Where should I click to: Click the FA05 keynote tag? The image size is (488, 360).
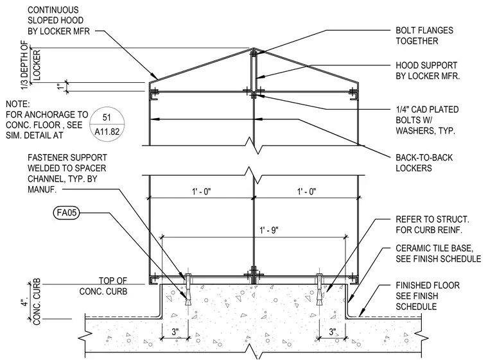pyautogui.click(x=66, y=213)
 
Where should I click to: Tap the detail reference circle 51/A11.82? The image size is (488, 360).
pyautogui.click(x=107, y=124)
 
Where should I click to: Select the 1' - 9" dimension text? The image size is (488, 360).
pyautogui.click(x=269, y=230)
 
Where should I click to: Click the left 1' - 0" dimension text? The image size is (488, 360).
pyautogui.click(x=202, y=191)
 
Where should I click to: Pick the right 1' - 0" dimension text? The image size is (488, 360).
pyautogui.click(x=306, y=191)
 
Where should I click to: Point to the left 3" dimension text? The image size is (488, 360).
pyautogui.click(x=175, y=332)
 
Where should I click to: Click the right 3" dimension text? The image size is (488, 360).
pyautogui.click(x=333, y=332)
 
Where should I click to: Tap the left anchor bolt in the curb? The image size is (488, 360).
pyautogui.click(x=188, y=289)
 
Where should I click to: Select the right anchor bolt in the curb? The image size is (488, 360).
pyautogui.click(x=320, y=289)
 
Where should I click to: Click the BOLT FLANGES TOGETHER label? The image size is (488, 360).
pyautogui.click(x=424, y=35)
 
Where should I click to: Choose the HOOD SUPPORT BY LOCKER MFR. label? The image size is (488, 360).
pyautogui.click(x=428, y=71)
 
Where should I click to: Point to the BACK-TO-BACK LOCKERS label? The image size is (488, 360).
pyautogui.click(x=424, y=163)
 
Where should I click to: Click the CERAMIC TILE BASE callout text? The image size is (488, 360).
pyautogui.click(x=438, y=253)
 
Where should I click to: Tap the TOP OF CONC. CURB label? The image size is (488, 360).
pyautogui.click(x=103, y=286)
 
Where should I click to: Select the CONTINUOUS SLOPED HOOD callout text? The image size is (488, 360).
pyautogui.click(x=58, y=21)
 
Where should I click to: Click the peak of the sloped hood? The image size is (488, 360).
pyautogui.click(x=254, y=48)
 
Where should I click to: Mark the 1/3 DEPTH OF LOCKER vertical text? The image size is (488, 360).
pyautogui.click(x=31, y=66)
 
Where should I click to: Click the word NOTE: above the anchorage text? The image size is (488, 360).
pyautogui.click(x=18, y=104)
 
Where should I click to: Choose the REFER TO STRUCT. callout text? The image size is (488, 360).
pyautogui.click(x=432, y=225)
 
